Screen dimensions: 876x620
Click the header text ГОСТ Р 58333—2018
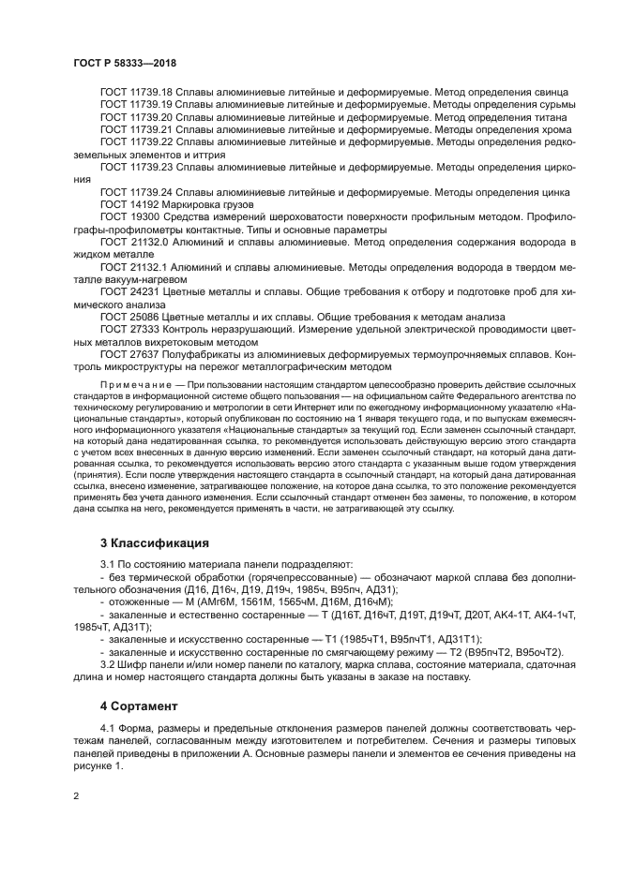coord(125,64)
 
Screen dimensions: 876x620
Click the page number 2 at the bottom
coord(76,796)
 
